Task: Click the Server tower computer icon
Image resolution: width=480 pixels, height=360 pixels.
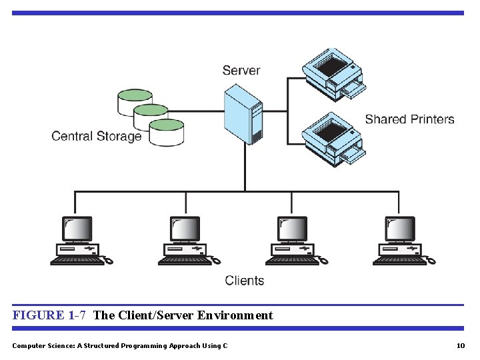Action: (x=243, y=117)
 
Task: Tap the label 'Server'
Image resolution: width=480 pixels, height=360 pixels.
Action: (x=241, y=70)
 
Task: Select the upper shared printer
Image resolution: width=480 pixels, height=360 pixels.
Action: (x=332, y=72)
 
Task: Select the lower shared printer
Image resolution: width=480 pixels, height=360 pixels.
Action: (x=332, y=138)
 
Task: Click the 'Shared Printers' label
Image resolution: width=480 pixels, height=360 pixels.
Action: (x=409, y=119)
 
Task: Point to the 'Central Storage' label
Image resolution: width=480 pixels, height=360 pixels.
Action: (x=97, y=136)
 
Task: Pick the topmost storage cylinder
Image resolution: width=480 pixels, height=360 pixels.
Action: (x=135, y=101)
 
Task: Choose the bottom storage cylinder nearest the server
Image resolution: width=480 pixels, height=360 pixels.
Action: (x=166, y=133)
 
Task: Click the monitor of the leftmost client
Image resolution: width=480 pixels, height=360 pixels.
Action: (x=77, y=229)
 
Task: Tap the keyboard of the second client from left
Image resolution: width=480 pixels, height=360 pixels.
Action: (x=184, y=261)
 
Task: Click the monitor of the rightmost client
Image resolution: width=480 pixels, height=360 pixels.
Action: (x=400, y=229)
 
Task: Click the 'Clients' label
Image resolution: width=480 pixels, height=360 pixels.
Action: (x=244, y=281)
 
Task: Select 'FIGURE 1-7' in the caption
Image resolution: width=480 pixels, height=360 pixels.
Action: (x=49, y=315)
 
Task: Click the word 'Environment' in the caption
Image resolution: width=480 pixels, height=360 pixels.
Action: (x=235, y=315)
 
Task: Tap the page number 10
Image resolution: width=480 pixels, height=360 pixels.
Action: (x=460, y=345)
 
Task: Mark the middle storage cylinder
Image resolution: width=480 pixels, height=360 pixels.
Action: (x=151, y=117)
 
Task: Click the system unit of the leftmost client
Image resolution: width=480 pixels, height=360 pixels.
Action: (x=78, y=249)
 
